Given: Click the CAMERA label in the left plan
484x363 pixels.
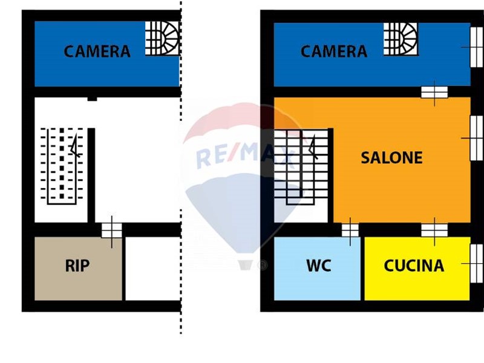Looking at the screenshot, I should [97, 51].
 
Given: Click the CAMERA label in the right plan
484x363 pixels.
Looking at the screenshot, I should [333, 51].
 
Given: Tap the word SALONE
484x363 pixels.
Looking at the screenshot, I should [391, 158].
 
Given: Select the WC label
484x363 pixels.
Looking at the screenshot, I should [318, 266].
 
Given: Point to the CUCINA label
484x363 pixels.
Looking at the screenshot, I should [414, 266].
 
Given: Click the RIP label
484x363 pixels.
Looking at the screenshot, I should [77, 266].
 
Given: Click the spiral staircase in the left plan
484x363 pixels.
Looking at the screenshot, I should [162, 38].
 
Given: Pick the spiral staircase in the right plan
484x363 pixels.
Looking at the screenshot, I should [400, 38].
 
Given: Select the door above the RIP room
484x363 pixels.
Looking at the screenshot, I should [111, 231].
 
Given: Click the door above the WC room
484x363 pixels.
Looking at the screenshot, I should [350, 231].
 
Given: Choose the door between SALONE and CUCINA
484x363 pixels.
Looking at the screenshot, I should [434, 230].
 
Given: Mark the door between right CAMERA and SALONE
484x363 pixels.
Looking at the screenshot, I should [434, 92].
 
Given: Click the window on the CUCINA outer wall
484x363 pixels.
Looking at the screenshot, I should [476, 263].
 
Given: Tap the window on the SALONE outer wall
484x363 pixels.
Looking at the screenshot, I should [476, 139].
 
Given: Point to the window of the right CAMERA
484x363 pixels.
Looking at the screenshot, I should [476, 46].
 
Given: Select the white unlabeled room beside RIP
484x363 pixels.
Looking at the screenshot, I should [152, 268].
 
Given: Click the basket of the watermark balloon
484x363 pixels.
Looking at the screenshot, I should [245, 264].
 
